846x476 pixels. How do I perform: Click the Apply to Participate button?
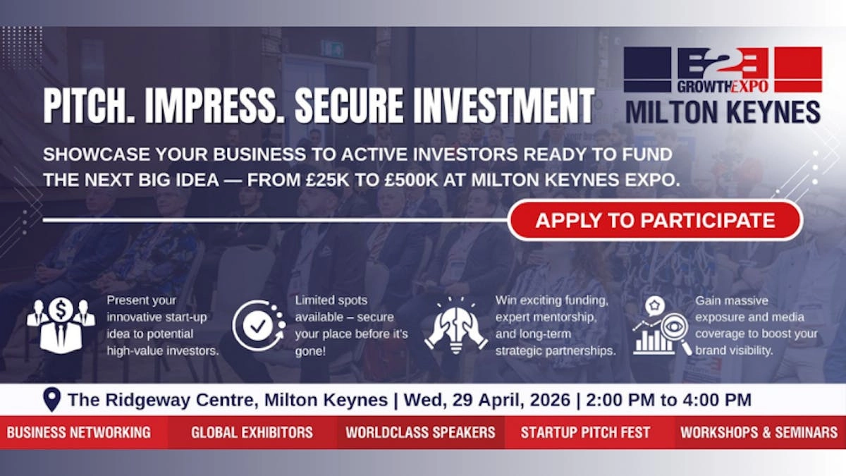coord(655,220)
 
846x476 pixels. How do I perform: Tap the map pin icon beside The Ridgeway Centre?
coord(51,400)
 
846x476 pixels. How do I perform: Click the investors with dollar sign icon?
coord(60,324)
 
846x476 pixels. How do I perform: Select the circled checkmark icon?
coord(258,325)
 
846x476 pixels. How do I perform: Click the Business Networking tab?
coord(79,432)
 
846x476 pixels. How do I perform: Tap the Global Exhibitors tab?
coord(252,432)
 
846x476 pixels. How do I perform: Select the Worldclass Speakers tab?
coord(420,432)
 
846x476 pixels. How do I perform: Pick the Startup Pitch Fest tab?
coord(585,432)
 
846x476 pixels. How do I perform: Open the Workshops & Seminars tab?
coord(759,432)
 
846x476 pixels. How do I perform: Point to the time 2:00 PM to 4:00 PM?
coord(669,400)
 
